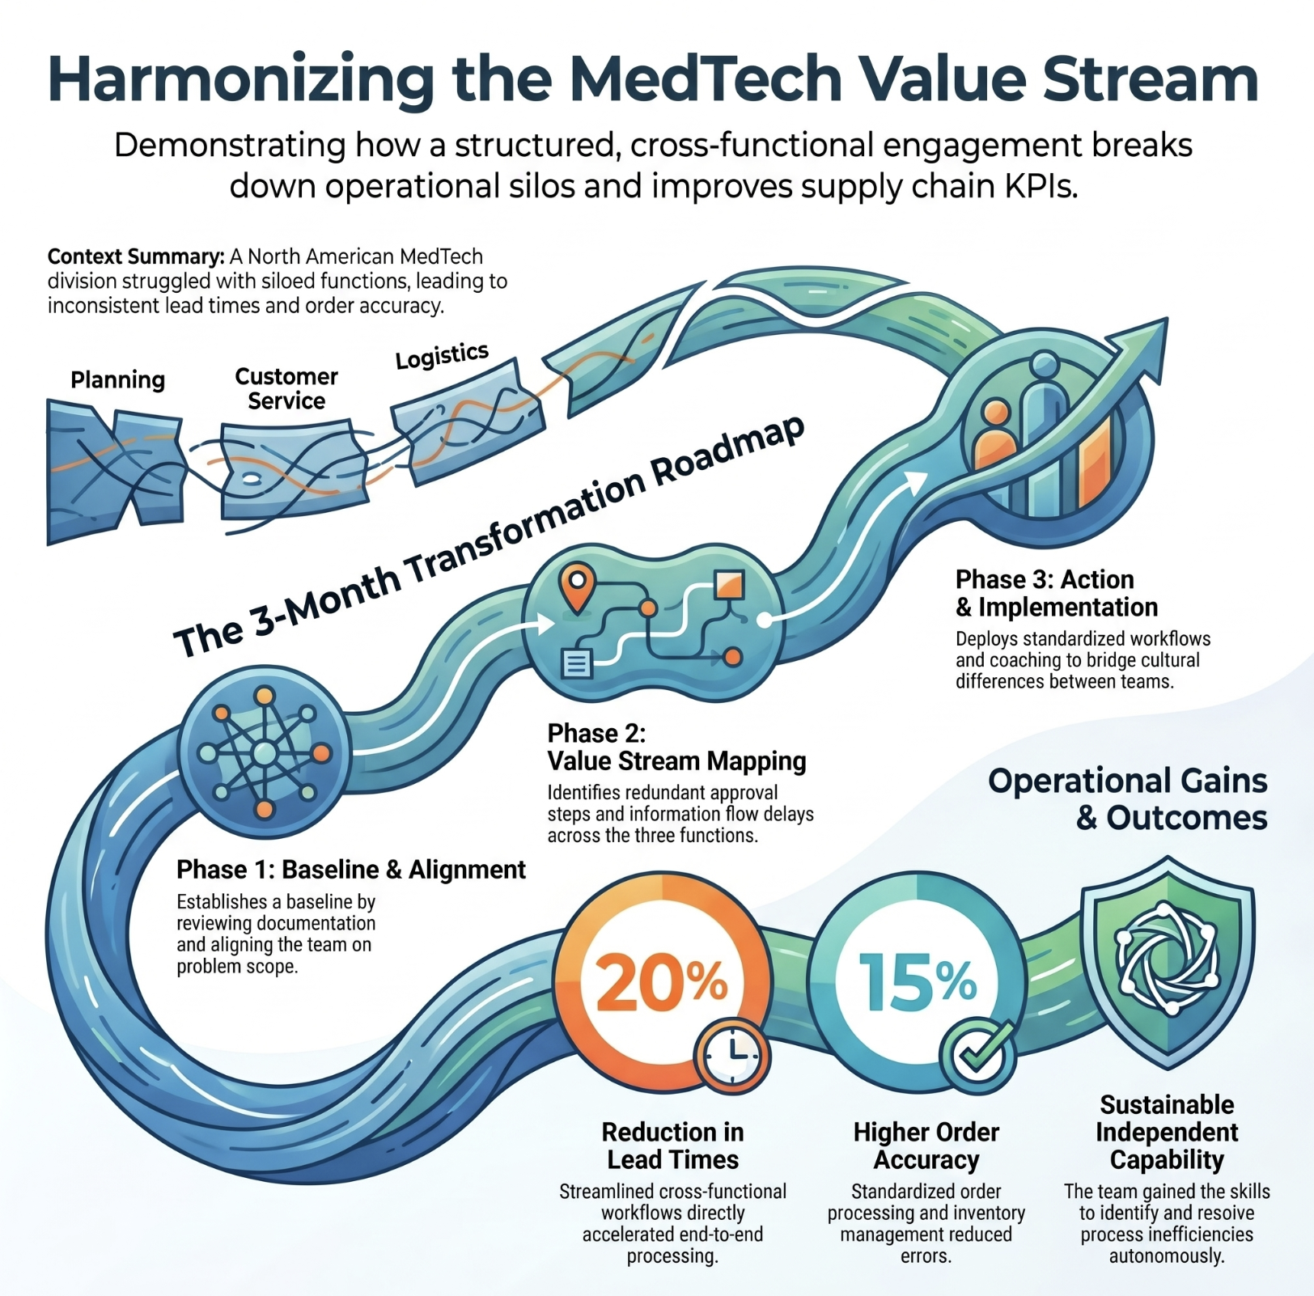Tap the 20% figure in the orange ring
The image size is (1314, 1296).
coord(661,980)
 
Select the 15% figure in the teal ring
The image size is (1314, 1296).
coord(918,980)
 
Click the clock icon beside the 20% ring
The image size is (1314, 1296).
coord(732,1057)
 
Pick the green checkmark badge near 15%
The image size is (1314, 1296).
coord(978,1056)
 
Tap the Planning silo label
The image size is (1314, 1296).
coord(117,379)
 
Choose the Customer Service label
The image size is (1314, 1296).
coord(286,388)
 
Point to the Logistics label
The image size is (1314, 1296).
coord(442,355)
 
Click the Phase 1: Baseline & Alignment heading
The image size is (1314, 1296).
coord(351,870)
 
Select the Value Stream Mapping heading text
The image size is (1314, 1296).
coord(676,761)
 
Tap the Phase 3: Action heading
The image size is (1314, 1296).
coord(1045,579)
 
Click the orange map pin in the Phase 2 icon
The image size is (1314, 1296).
coord(577,587)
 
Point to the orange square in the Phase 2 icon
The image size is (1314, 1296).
coord(729,586)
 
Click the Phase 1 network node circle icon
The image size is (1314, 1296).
coord(265,754)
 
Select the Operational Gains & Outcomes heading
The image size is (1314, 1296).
coord(1128,799)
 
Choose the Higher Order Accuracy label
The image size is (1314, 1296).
coord(926,1146)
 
